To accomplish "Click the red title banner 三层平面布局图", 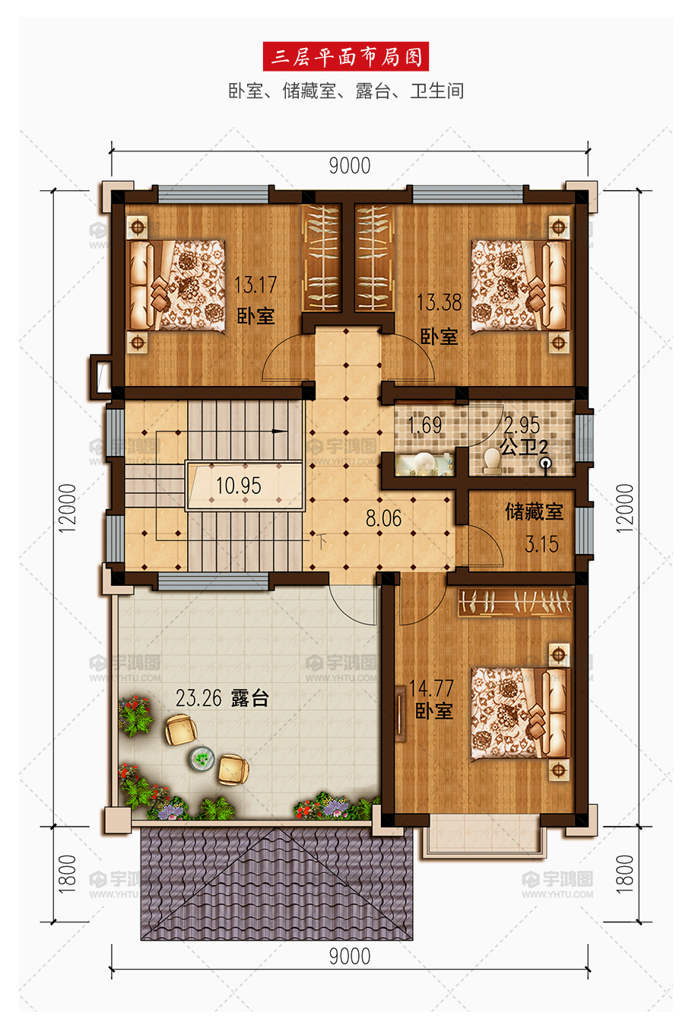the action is pyautogui.click(x=345, y=56).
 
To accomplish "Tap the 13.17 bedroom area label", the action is pyautogui.click(x=256, y=285).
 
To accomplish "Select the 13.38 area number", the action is pyautogui.click(x=439, y=302).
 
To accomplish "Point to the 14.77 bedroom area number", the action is pyautogui.click(x=431, y=688).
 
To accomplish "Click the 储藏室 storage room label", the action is pyautogui.click(x=534, y=511).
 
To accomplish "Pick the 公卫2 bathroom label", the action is pyautogui.click(x=524, y=447).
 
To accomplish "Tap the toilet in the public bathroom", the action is pyautogui.click(x=493, y=460).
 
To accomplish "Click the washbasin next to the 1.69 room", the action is pyautogui.click(x=424, y=463).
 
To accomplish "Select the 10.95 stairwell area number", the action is pyautogui.click(x=239, y=486).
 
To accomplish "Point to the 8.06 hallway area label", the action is pyautogui.click(x=383, y=518).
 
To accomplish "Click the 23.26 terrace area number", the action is pyautogui.click(x=198, y=698).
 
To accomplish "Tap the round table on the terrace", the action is pyautogui.click(x=202, y=757).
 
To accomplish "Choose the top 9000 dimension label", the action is pyautogui.click(x=350, y=166).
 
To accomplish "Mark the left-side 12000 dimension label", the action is pyautogui.click(x=67, y=508).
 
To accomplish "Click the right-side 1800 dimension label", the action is pyautogui.click(x=624, y=874).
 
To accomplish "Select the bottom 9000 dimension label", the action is pyautogui.click(x=350, y=957).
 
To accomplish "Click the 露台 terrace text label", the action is pyautogui.click(x=249, y=698).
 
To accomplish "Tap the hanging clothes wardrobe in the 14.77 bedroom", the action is pyautogui.click(x=515, y=601).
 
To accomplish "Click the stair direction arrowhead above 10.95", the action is pyautogui.click(x=278, y=432).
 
